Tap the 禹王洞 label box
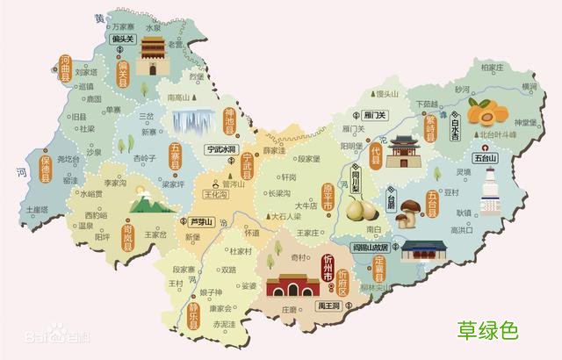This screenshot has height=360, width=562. [x=328, y=306]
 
